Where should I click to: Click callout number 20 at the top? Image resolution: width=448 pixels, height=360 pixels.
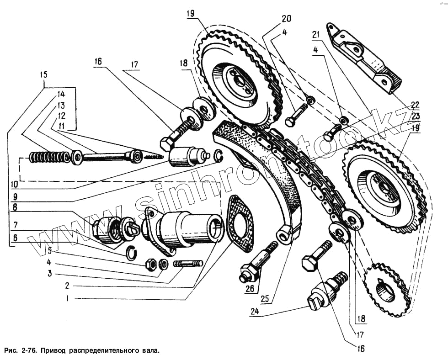pyautogui.click(x=286, y=19)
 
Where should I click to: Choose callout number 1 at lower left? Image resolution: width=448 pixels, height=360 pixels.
pyautogui.click(x=68, y=299)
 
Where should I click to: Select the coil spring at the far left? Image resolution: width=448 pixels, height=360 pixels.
pyautogui.click(x=48, y=158)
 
